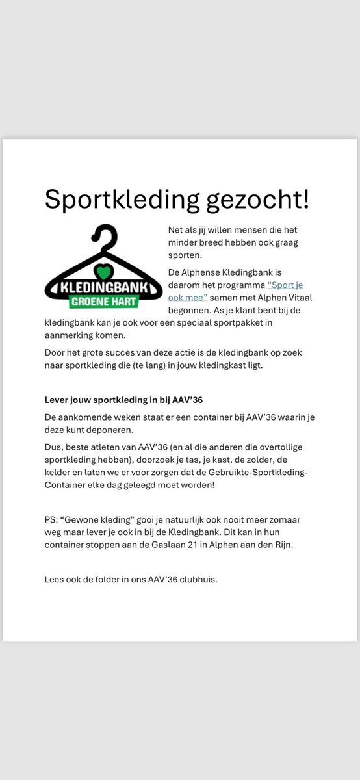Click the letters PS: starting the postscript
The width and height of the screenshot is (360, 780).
51,519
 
